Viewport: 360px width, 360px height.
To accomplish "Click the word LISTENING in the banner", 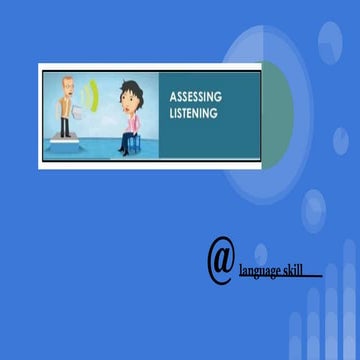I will tap(195, 114).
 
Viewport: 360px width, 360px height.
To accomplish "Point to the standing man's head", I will tap(68, 84).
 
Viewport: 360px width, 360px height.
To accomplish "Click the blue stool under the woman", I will tap(126, 143).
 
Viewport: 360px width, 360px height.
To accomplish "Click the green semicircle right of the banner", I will tap(279, 110).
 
